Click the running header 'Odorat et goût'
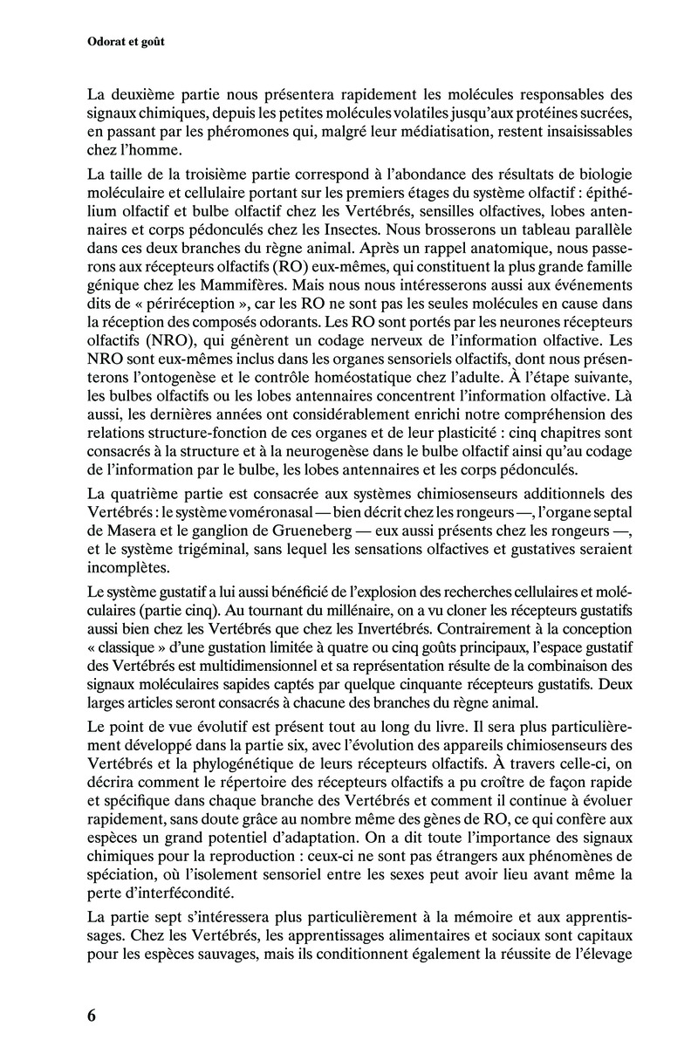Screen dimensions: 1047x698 pyautogui.click(x=128, y=41)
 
